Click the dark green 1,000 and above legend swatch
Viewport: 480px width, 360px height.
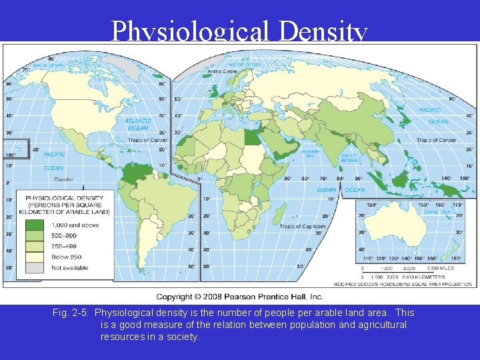(34, 225)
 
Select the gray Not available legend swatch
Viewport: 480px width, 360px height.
(34, 267)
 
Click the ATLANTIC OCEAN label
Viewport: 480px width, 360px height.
(137, 125)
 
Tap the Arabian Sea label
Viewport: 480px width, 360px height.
(310, 153)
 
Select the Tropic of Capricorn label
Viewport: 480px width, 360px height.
(302, 226)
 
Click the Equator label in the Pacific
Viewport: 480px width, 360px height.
(64, 179)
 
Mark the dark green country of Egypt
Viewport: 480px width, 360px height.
(251, 137)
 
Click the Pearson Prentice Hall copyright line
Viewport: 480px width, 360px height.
(239, 296)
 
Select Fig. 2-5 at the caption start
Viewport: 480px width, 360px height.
(71, 313)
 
